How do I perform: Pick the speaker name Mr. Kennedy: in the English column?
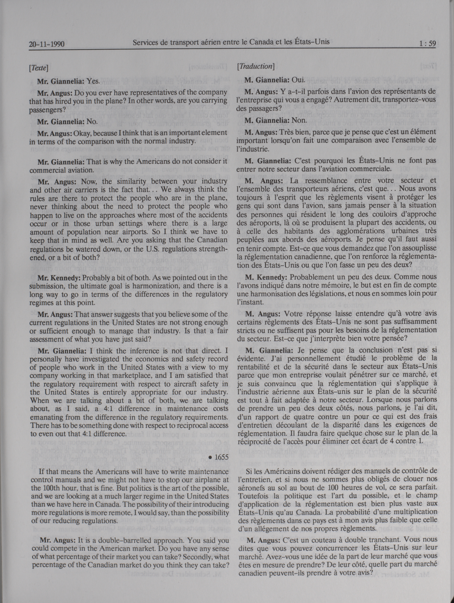[59, 278]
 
